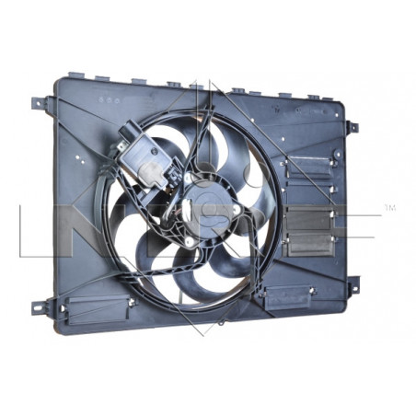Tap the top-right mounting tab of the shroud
pyautogui.click(x=352, y=126)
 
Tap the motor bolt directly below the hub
pyautogui.click(x=191, y=241)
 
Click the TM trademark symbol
pyautogui.click(x=389, y=209)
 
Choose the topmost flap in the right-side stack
pyautogui.click(x=310, y=166)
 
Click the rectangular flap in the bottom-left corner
pyautogui.click(x=93, y=306)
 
